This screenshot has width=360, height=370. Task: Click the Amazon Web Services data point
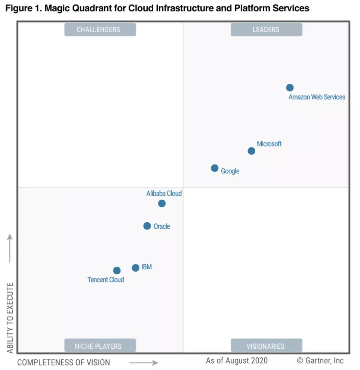pyautogui.click(x=290, y=88)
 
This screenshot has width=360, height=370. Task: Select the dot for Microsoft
pyautogui.click(x=252, y=151)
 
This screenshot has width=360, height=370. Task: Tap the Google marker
pyautogui.click(x=215, y=168)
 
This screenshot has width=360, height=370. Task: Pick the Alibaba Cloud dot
pyautogui.click(x=162, y=204)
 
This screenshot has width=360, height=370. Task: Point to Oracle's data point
pyautogui.click(x=147, y=226)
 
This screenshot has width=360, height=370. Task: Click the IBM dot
pyautogui.click(x=136, y=268)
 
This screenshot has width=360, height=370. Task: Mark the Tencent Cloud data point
pyautogui.click(x=117, y=271)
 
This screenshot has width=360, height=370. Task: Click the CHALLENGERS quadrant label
pyautogui.click(x=100, y=30)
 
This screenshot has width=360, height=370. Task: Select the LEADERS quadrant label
pyautogui.click(x=266, y=30)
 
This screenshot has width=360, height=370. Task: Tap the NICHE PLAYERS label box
pyautogui.click(x=100, y=346)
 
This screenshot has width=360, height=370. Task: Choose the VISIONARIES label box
pyautogui.click(x=266, y=346)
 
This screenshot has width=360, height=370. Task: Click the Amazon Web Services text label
pyautogui.click(x=317, y=97)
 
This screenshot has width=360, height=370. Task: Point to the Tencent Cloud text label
pyautogui.click(x=106, y=280)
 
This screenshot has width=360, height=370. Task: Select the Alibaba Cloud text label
pyautogui.click(x=164, y=194)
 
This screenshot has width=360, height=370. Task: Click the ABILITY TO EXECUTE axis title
pyautogui.click(x=10, y=318)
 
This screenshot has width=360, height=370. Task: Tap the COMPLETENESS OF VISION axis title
pyautogui.click(x=64, y=363)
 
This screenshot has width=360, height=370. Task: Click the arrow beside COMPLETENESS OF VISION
pyautogui.click(x=144, y=363)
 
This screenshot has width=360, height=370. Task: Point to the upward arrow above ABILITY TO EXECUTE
pyautogui.click(x=10, y=249)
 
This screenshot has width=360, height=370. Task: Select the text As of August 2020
pyautogui.click(x=237, y=361)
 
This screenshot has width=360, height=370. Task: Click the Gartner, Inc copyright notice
pyautogui.click(x=320, y=361)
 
